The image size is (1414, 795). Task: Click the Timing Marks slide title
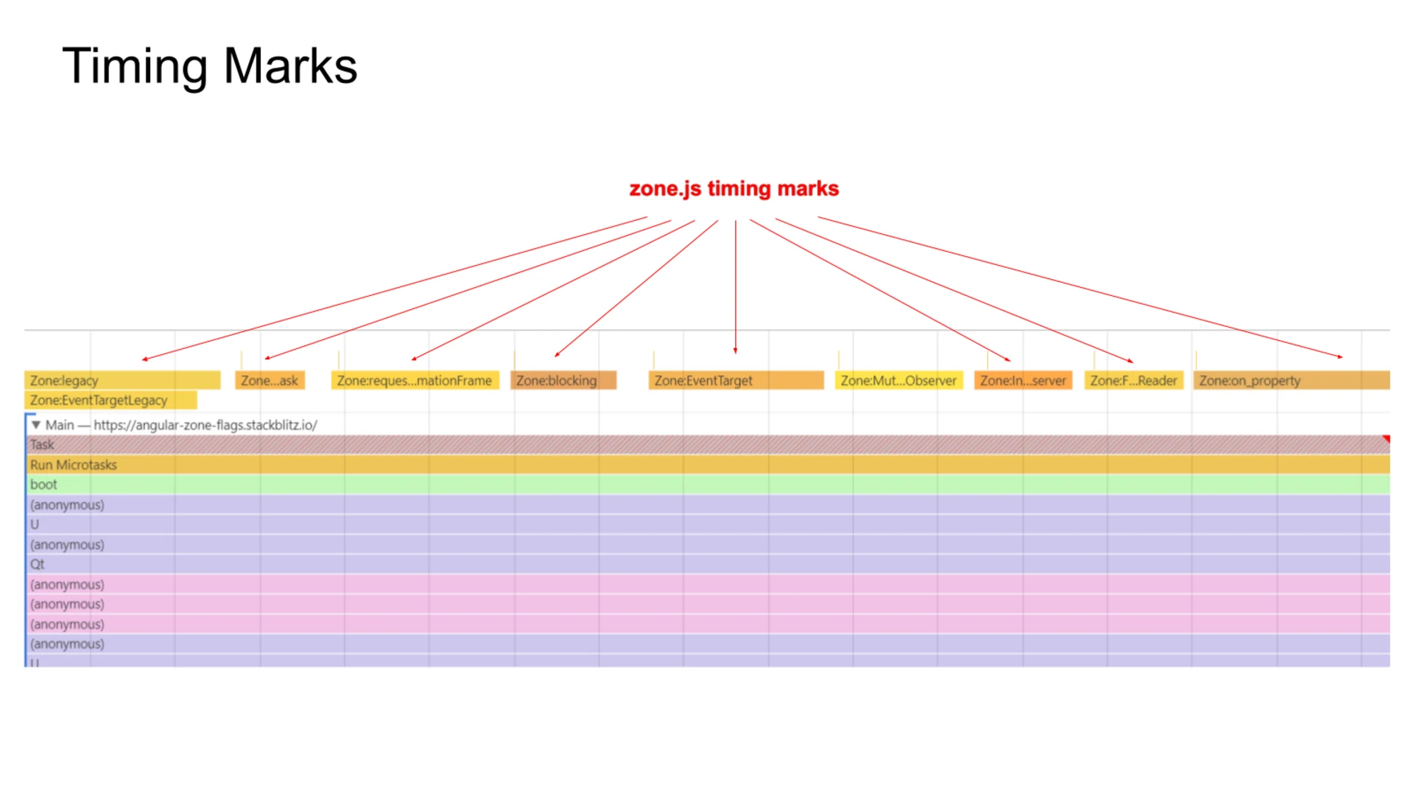click(210, 66)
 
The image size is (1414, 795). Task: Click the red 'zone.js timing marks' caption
click(734, 189)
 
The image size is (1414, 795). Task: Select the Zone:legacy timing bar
click(122, 381)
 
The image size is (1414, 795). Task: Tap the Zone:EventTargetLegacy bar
click(110, 400)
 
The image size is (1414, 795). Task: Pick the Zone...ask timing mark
click(270, 381)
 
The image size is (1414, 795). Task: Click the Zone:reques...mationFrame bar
click(415, 381)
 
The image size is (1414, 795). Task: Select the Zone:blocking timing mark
click(563, 381)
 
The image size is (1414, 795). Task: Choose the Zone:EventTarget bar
click(736, 381)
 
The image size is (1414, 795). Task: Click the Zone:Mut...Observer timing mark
click(898, 381)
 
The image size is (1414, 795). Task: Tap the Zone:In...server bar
click(1023, 381)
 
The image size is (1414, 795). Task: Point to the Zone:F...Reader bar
click(1133, 381)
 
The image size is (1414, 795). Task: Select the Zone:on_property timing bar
click(1291, 381)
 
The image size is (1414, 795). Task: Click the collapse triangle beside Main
click(36, 425)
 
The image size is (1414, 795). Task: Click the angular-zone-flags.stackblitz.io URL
click(205, 425)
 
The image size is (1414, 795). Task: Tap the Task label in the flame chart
click(42, 445)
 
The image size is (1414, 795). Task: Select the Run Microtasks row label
click(74, 465)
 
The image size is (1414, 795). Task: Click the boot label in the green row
click(43, 484)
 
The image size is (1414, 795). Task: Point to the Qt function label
click(38, 565)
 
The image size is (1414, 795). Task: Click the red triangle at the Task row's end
click(1386, 439)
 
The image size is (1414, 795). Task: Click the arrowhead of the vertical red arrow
click(735, 351)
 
